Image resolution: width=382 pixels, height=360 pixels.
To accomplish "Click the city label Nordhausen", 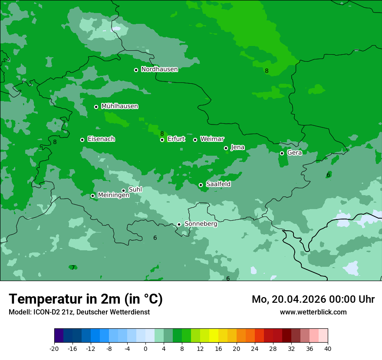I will (159, 69).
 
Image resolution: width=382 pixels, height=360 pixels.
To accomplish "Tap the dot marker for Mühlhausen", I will (96, 107).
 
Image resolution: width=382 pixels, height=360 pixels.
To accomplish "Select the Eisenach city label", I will (101, 139).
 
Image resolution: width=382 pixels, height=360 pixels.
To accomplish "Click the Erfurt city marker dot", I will (162, 140).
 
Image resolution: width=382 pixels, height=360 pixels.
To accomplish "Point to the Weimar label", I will (212, 139).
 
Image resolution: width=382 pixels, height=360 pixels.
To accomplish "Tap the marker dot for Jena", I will (226, 148).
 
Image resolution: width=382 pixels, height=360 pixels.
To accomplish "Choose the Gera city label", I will (294, 153).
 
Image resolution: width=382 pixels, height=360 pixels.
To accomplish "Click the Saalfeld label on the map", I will (218, 184).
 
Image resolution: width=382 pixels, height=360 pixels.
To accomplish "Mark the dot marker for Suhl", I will (123, 190).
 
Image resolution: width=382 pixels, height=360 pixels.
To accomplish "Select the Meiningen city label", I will (113, 195).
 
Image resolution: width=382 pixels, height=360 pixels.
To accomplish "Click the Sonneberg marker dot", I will (179, 224).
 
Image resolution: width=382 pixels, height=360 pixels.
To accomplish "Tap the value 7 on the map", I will (73, 268).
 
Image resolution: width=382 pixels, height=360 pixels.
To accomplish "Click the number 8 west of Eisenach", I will (55, 142).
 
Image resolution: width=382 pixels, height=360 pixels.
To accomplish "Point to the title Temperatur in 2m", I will (86, 299).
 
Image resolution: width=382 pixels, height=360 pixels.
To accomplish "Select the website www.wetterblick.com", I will (313, 312).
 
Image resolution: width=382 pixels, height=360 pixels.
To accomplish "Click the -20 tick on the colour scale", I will (54, 348).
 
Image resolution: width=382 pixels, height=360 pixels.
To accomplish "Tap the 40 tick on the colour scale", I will (327, 348).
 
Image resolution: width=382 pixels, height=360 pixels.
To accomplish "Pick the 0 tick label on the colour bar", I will (145, 348).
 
